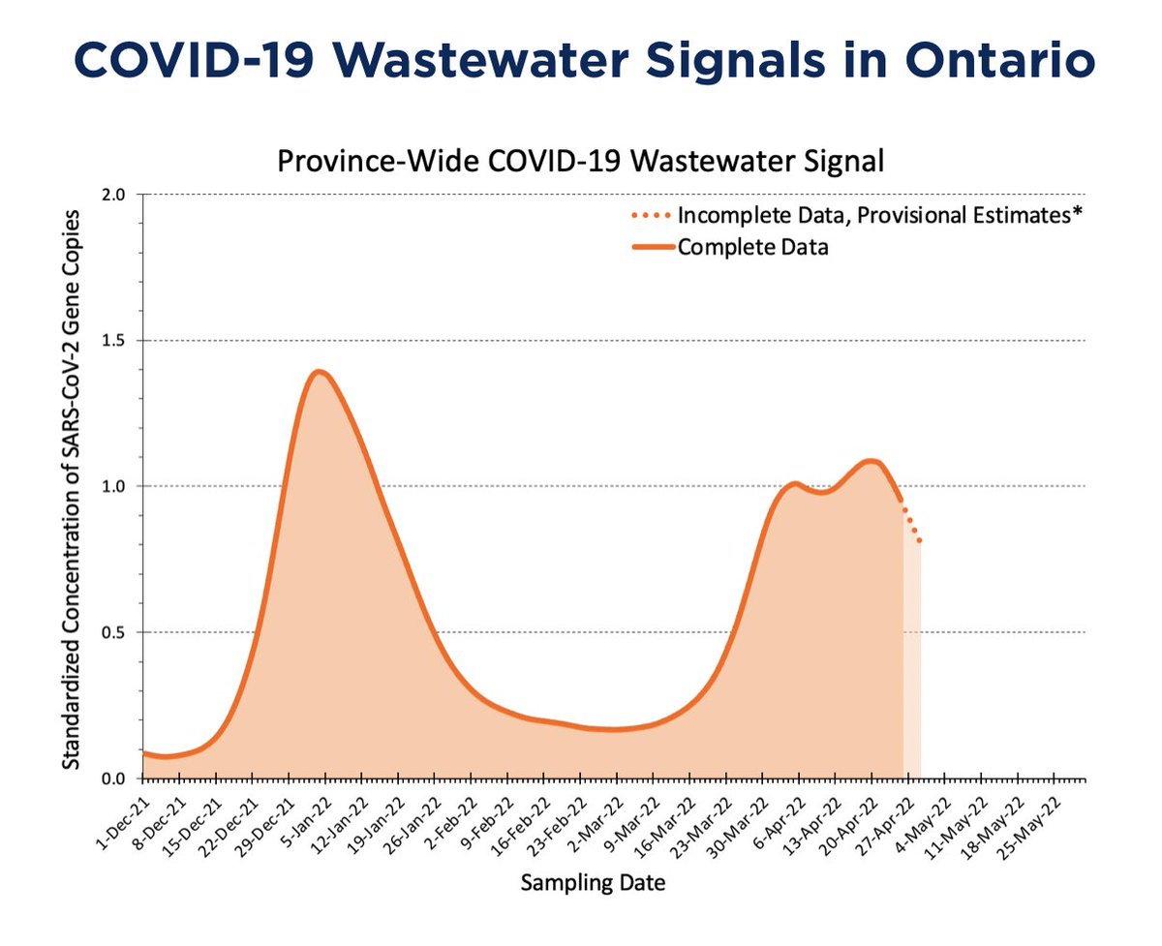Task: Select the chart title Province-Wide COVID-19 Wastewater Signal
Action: pos(580,160)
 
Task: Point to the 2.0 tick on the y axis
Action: pos(124,194)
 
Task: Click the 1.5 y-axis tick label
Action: pos(124,340)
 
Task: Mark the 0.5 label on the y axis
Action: pos(124,632)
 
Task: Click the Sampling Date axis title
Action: pos(593,882)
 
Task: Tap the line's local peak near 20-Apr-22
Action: pos(871,461)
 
